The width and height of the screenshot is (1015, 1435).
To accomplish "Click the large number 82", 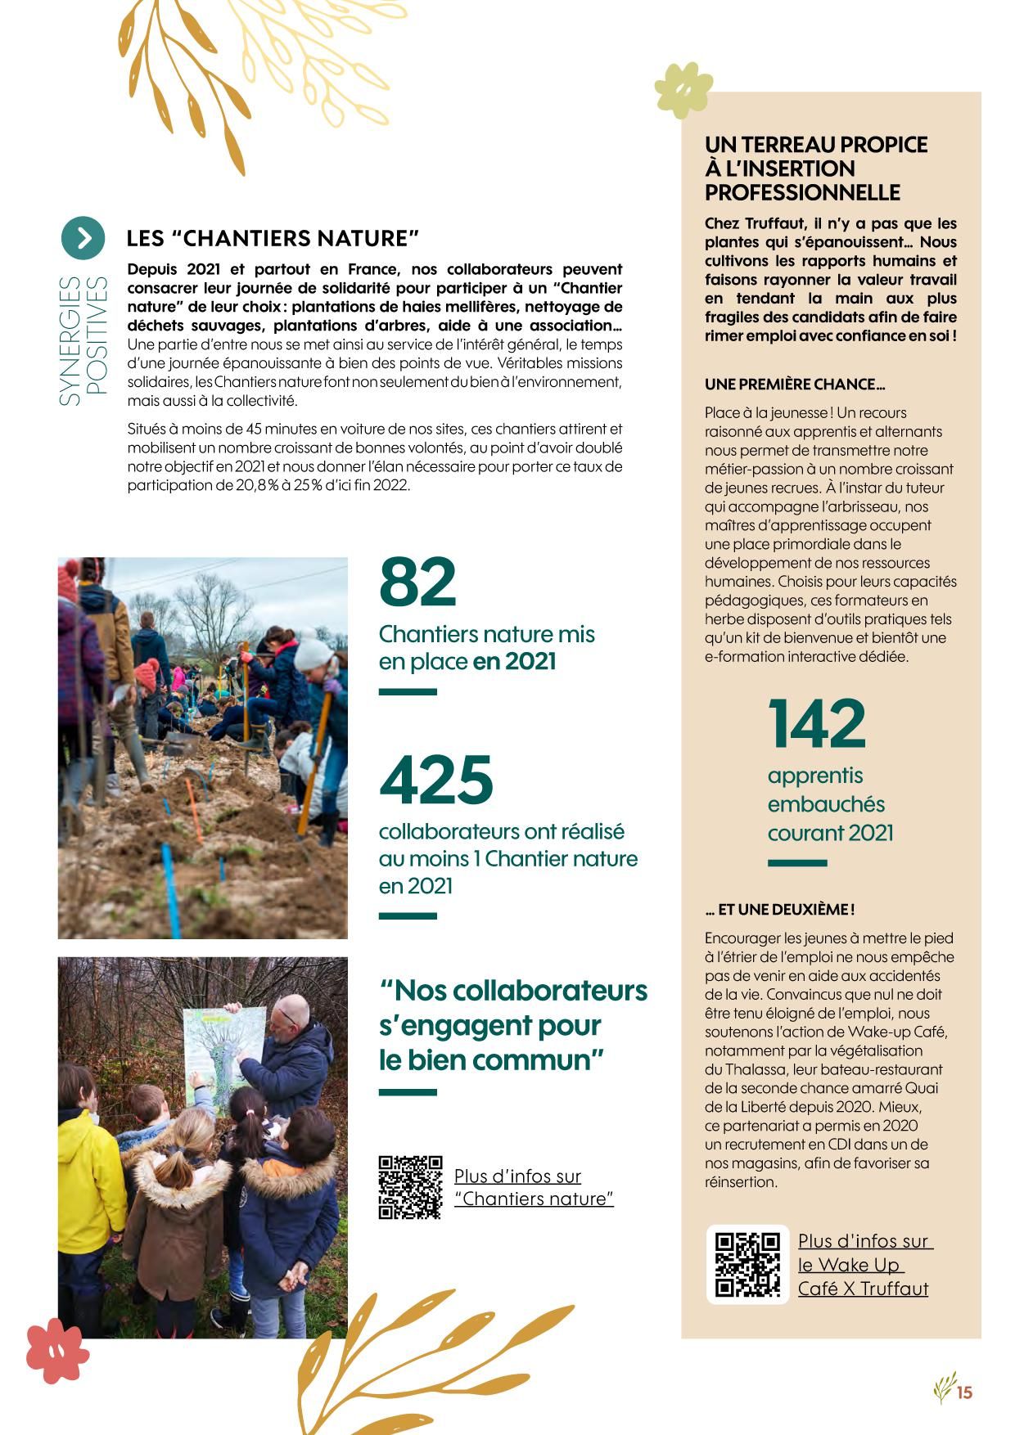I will tap(417, 582).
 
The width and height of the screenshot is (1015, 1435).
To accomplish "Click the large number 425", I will tap(436, 779).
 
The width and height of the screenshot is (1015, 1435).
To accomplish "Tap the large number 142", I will tap(816, 723).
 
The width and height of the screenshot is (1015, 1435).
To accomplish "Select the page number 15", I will tap(965, 1392).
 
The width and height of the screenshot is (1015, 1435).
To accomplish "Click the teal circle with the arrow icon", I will tap(83, 237).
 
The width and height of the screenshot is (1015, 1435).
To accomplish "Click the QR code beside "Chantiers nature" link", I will tap(410, 1187).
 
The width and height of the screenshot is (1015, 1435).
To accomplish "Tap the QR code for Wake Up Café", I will tap(747, 1264).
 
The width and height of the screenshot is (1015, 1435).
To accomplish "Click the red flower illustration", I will tap(56, 1349).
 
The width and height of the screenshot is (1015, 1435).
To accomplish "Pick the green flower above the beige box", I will tap(683, 89).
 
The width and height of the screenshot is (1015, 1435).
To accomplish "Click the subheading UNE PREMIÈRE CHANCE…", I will tap(794, 385).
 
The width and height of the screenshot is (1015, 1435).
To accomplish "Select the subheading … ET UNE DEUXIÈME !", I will tap(779, 909).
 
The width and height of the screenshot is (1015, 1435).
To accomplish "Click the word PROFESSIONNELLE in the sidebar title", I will tap(802, 193).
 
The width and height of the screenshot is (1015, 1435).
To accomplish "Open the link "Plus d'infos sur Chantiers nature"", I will tap(533, 1187).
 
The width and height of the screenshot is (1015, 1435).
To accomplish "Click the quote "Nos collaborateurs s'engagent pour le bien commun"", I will tap(512, 1025).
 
